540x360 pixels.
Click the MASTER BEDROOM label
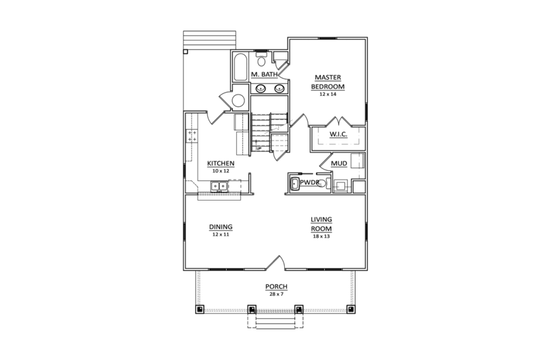point(327,82)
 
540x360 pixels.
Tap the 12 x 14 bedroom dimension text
point(327,95)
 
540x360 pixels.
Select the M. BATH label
point(265,74)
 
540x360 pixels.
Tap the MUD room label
point(339,163)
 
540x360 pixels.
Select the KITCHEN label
point(221,163)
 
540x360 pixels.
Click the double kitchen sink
point(218,186)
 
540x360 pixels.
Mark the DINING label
point(221,228)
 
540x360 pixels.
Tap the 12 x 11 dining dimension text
point(221,234)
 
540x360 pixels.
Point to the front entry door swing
point(277,262)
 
